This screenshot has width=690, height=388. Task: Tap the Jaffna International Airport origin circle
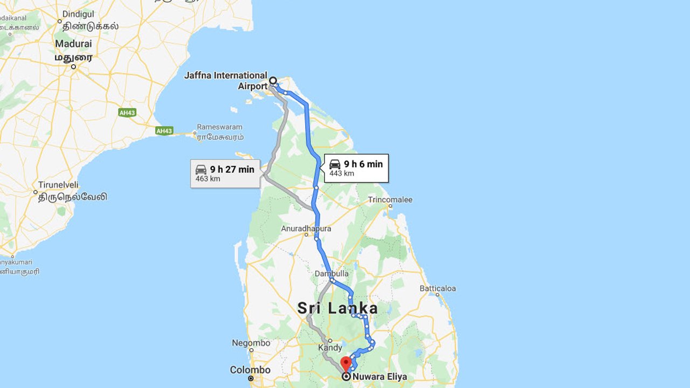273,81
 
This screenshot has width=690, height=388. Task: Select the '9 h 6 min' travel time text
363,164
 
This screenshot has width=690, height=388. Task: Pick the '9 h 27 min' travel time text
232,169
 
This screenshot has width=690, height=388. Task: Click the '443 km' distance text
342,174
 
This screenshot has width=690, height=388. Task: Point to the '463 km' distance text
208,179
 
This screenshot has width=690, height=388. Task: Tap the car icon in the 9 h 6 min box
335,164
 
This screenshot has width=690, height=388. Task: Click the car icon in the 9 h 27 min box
201,169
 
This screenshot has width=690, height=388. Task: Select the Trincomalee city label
390,200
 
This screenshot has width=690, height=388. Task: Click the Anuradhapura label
306,228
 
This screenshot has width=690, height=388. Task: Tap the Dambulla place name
332,274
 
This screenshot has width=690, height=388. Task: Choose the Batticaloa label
438,288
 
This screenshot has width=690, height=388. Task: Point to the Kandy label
330,348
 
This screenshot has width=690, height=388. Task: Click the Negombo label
251,343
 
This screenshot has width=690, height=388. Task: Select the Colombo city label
250,370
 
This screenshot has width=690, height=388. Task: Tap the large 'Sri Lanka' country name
337,308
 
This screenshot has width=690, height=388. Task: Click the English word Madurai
73,44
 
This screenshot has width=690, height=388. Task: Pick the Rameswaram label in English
220,127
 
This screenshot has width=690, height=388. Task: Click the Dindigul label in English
78,14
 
